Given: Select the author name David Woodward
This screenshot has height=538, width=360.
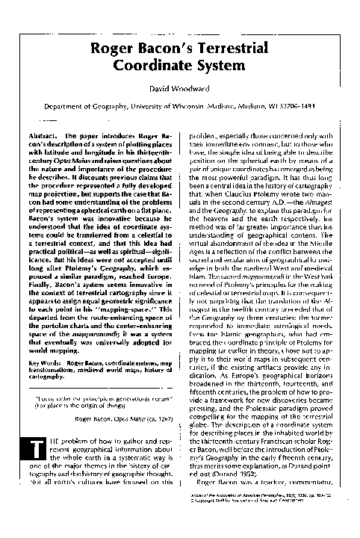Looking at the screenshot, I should pyautogui.click(x=180, y=89).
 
